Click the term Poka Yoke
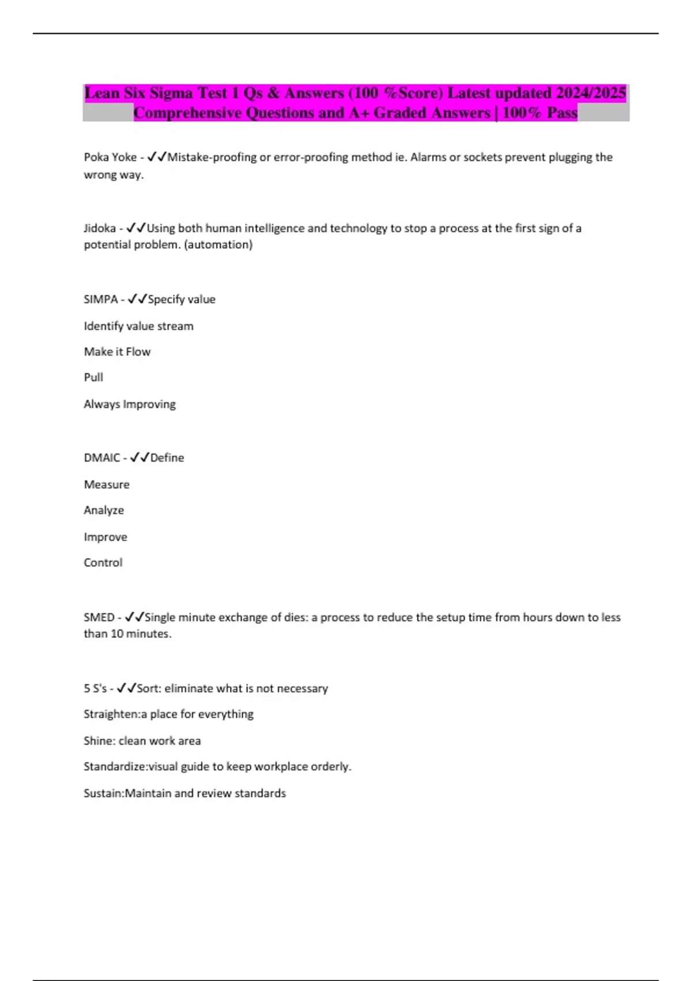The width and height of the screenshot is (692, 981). [110, 157]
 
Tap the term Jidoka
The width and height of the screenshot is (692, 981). [100, 228]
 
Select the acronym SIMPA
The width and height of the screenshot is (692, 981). [100, 299]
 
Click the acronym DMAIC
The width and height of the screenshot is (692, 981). [101, 458]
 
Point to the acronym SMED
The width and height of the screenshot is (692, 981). [99, 617]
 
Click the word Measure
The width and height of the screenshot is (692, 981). [107, 484]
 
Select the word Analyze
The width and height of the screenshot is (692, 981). [104, 510]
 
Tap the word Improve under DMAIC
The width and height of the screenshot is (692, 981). [106, 537]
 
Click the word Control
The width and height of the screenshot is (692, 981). [103, 563]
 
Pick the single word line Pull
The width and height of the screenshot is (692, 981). [93, 377]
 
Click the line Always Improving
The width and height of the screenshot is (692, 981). [130, 404]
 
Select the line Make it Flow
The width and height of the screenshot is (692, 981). [117, 351]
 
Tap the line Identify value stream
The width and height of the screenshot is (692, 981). [138, 326]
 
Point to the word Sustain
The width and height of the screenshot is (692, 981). [103, 793]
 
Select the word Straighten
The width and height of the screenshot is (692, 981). [111, 714]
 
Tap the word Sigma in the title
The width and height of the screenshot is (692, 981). [171, 93]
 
